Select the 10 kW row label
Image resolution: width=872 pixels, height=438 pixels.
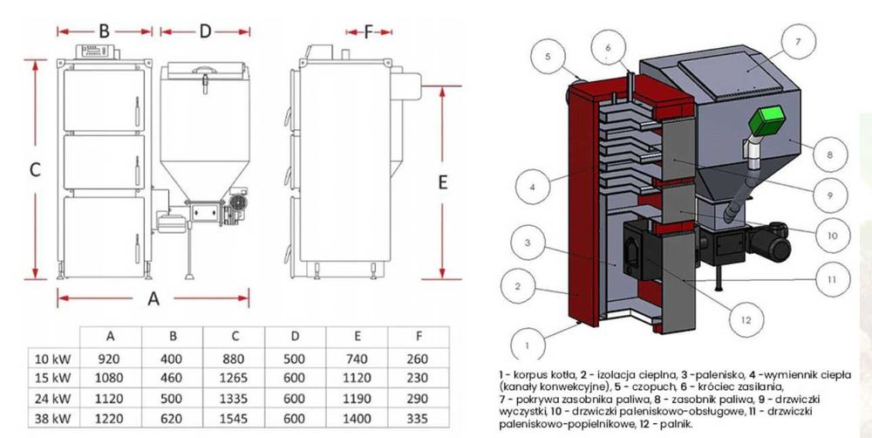tap(53, 358)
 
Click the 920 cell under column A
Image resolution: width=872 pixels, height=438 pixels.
tap(110, 358)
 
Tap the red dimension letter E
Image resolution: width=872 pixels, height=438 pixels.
tap(442, 182)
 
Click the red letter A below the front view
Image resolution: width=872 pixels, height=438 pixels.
tap(153, 298)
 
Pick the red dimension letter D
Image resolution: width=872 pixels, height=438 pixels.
tap(206, 31)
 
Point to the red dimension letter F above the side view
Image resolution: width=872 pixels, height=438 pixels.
tap(368, 31)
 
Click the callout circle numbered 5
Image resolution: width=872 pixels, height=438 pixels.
tap(548, 57)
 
